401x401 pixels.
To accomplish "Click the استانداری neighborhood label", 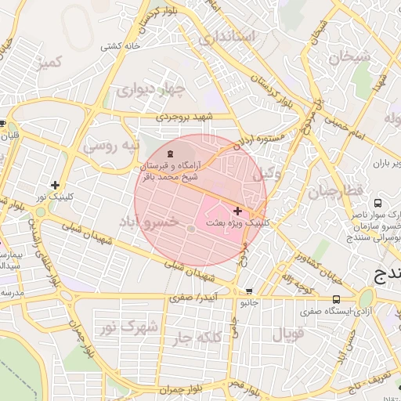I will [x=227, y=37].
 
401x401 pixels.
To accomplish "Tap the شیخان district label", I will [x=348, y=56].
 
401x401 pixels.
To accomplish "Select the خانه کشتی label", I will [x=119, y=46].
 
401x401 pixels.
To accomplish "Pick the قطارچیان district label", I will [x=335, y=191].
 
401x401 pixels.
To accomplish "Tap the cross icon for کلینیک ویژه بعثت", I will [x=237, y=211].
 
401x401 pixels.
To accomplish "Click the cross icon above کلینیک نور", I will [x=55, y=185].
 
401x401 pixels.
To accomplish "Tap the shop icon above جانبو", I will [x=248, y=291].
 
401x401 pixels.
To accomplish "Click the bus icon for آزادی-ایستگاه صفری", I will [x=336, y=299].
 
